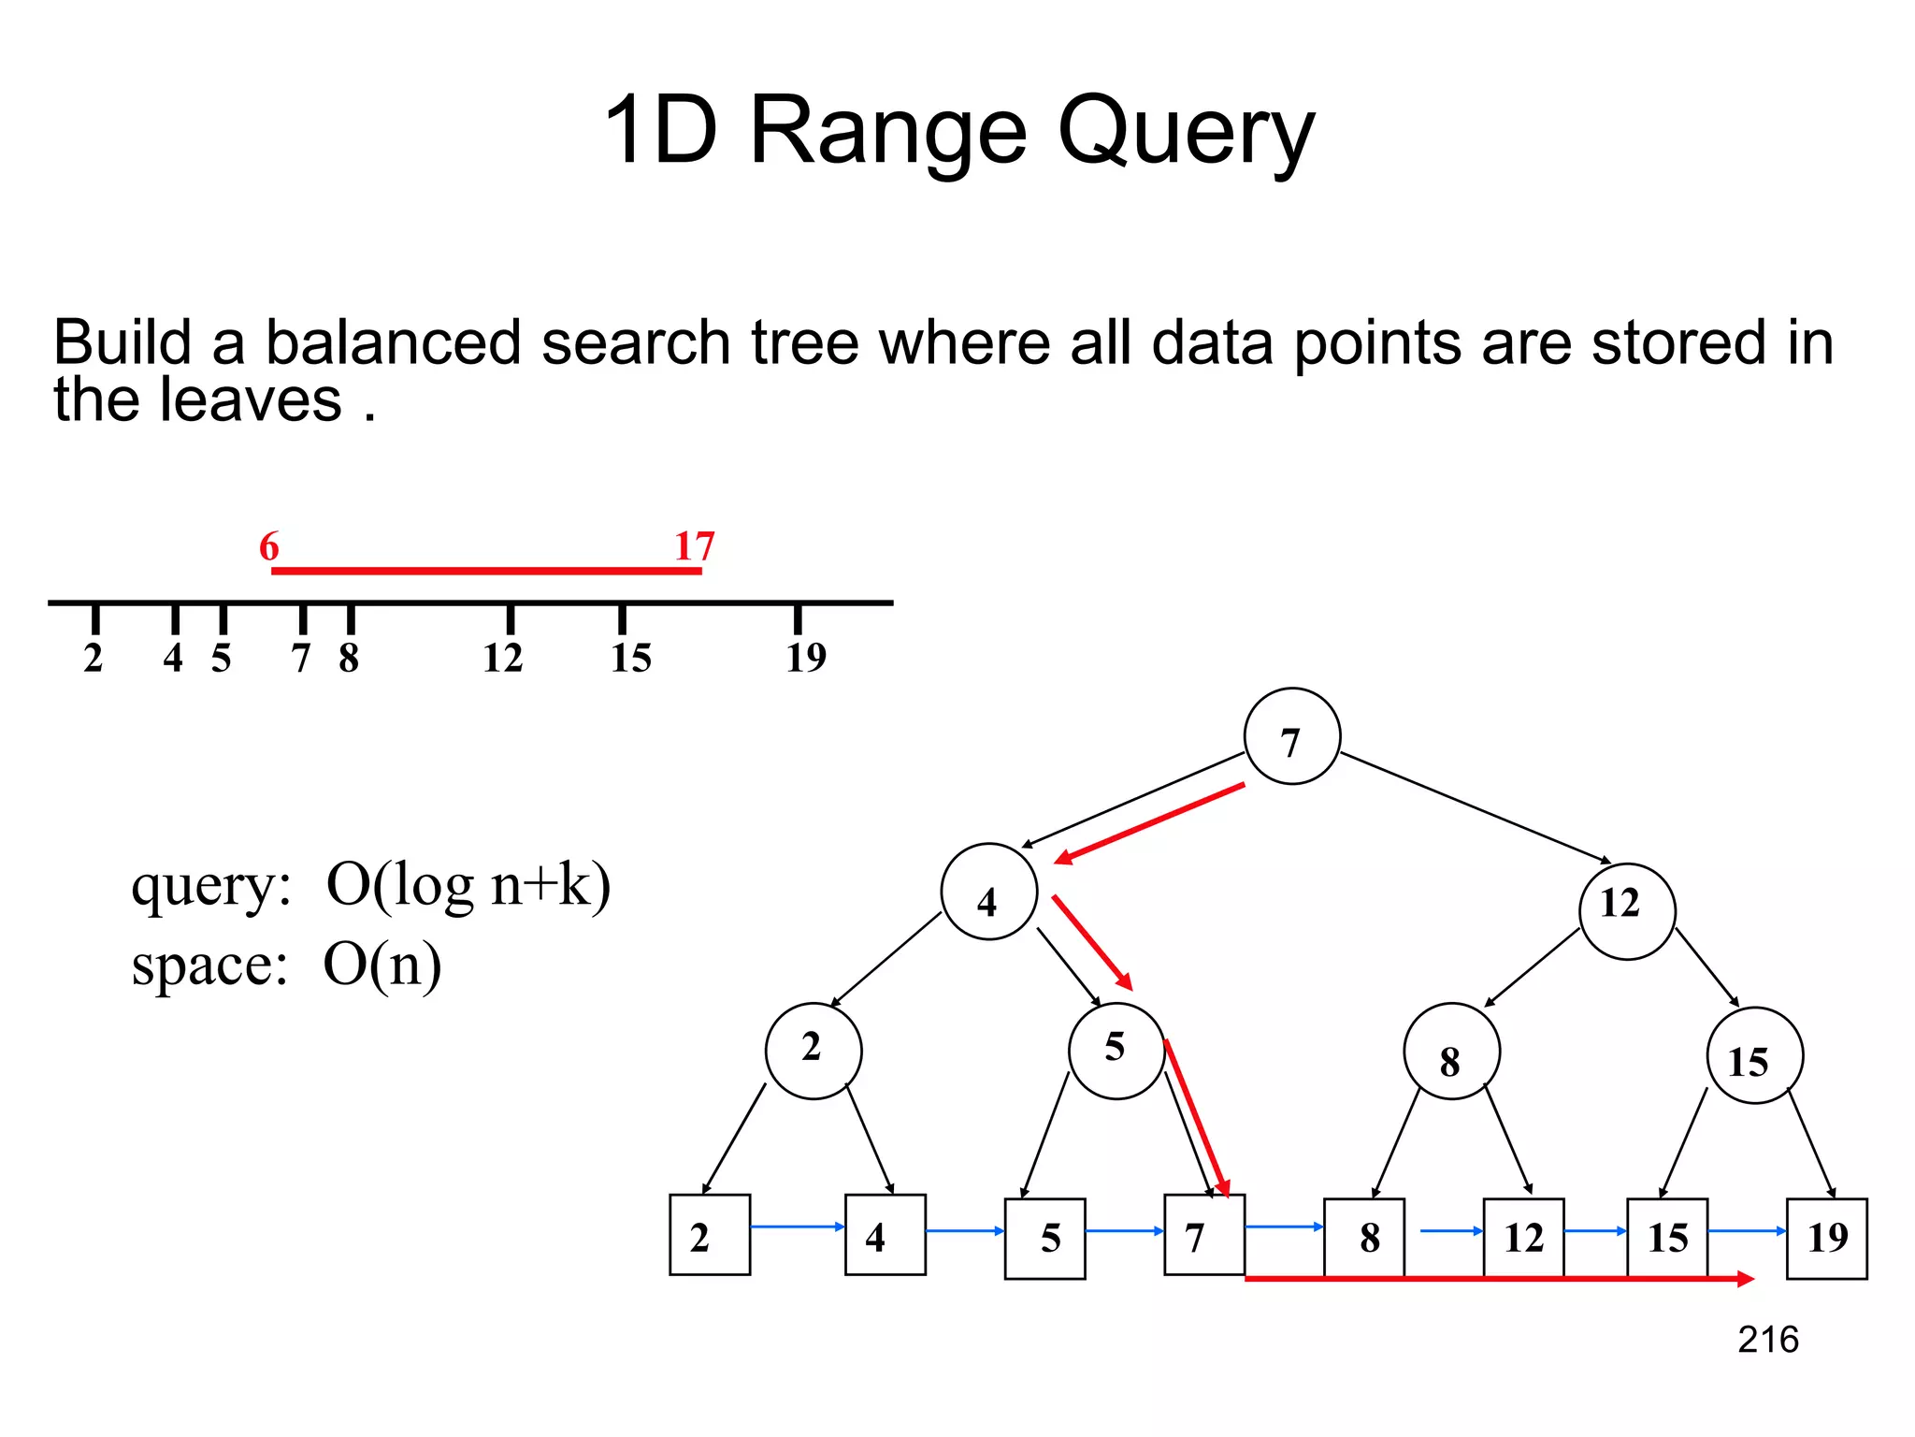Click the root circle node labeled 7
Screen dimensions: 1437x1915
coord(1291,736)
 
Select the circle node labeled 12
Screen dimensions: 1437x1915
coord(1626,910)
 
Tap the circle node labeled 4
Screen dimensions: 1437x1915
coord(988,892)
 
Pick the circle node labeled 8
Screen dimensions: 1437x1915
coord(1451,1052)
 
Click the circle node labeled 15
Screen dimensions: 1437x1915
coord(1754,1055)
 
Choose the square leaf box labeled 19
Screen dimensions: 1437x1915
coord(1826,1238)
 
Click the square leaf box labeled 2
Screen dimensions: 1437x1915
coord(710,1234)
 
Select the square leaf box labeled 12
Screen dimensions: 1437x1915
coord(1523,1238)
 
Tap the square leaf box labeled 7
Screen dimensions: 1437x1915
coord(1203,1234)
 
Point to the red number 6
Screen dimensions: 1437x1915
coord(269,546)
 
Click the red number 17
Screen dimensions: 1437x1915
coord(695,546)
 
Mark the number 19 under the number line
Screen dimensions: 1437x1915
coord(806,658)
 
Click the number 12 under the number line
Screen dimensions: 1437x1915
coord(503,658)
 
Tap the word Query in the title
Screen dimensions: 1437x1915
coord(1186,134)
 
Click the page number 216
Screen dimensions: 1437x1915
coord(1767,1340)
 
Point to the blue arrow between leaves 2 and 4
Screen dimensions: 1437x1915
coord(797,1227)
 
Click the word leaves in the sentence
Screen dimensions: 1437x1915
coord(251,400)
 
